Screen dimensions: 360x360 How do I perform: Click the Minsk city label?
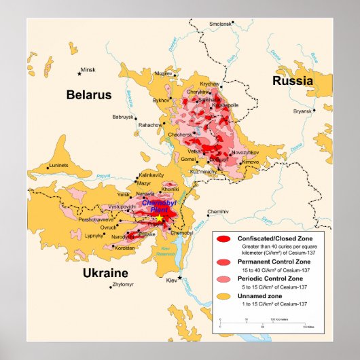[x=88, y=69]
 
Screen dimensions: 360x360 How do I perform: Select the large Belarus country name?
[x=88, y=96]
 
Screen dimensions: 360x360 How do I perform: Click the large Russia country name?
[x=293, y=81]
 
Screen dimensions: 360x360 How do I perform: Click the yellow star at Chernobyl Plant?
[x=160, y=219]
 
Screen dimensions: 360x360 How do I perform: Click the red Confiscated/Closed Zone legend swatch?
[x=223, y=239]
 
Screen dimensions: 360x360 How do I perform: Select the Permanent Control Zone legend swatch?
[x=223, y=261]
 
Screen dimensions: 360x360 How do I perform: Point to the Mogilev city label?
[x=164, y=73]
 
